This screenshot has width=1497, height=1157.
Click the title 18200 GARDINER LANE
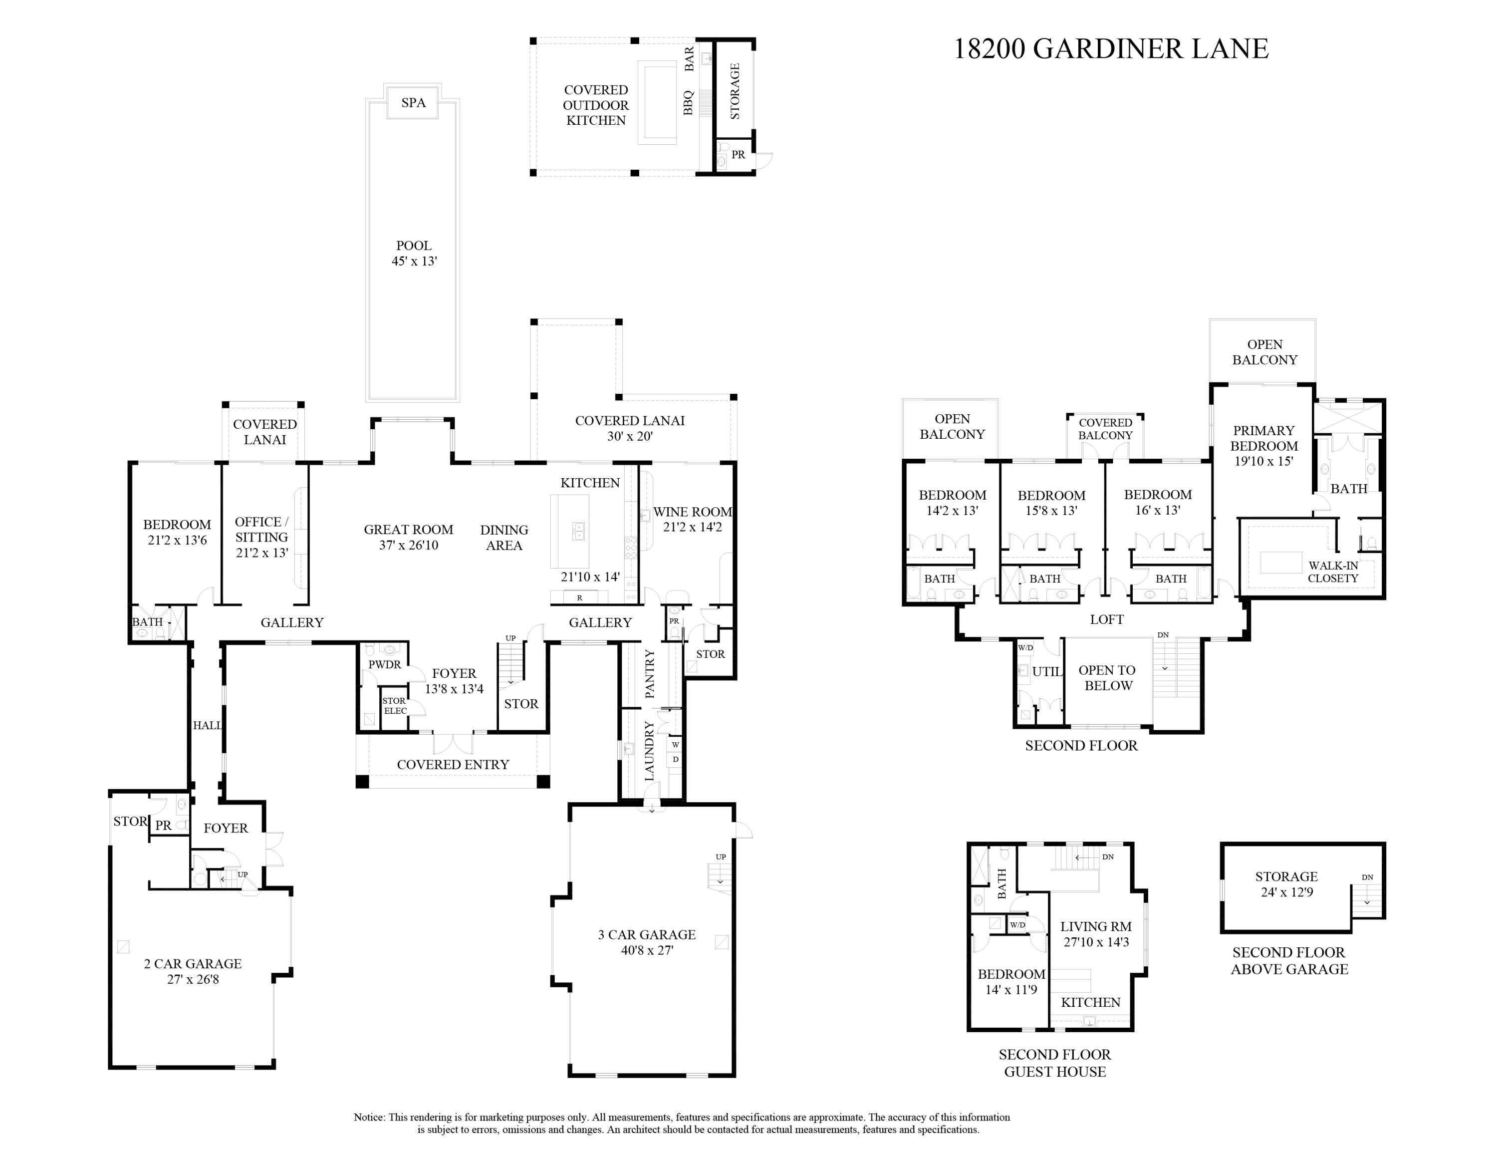pos(1110,48)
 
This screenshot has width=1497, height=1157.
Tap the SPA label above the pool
pos(413,103)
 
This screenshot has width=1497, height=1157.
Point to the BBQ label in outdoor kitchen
pos(689,103)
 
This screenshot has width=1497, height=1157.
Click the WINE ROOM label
pos(692,512)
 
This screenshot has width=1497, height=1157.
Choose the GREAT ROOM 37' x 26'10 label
pos(409,538)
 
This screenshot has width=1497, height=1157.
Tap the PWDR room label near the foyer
pos(385,664)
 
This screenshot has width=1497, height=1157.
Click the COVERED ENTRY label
pos(453,764)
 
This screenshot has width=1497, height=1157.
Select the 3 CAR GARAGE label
pos(646,935)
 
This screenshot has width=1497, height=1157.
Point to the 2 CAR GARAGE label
pos(193,964)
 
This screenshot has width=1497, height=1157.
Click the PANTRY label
pos(650,674)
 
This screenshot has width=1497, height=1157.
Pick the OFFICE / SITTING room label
pos(261,530)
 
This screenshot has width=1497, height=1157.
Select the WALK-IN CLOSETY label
pos(1332,572)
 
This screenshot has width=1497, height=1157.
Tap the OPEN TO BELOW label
pos(1107,678)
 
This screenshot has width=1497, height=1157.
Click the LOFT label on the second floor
pos(1106,619)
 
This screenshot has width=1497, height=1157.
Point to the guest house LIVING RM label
pos(1095,927)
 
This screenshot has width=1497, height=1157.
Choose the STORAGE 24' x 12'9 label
pos(1286,884)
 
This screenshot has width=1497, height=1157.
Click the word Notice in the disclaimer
pos(369,1117)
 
